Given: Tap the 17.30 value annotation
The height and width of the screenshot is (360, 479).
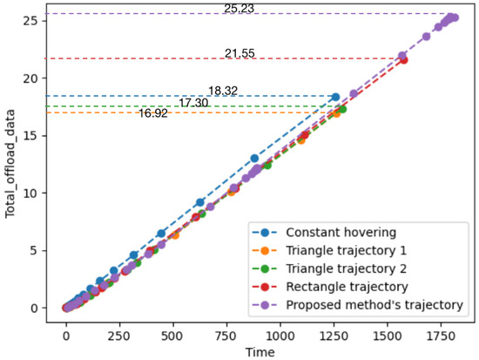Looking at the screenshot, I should click(193, 103).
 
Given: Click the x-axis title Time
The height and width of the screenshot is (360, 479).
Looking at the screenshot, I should click(259, 350).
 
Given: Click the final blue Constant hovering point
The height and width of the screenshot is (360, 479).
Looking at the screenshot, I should click(335, 97).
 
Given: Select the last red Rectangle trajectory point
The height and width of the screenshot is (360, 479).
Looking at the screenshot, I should click(403, 60).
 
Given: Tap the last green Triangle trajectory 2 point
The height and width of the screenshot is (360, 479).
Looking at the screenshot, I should click(342, 109).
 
